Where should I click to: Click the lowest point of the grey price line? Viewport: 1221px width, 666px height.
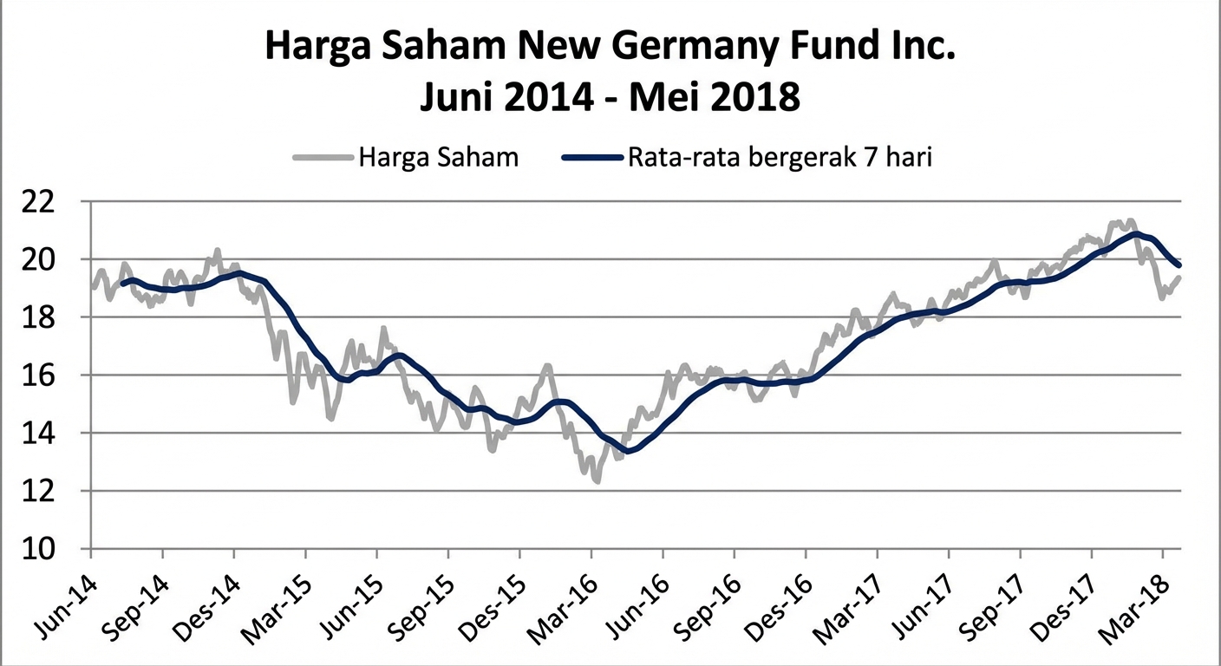[x=597, y=480]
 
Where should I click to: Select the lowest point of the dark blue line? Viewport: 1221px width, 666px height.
[x=628, y=451]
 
